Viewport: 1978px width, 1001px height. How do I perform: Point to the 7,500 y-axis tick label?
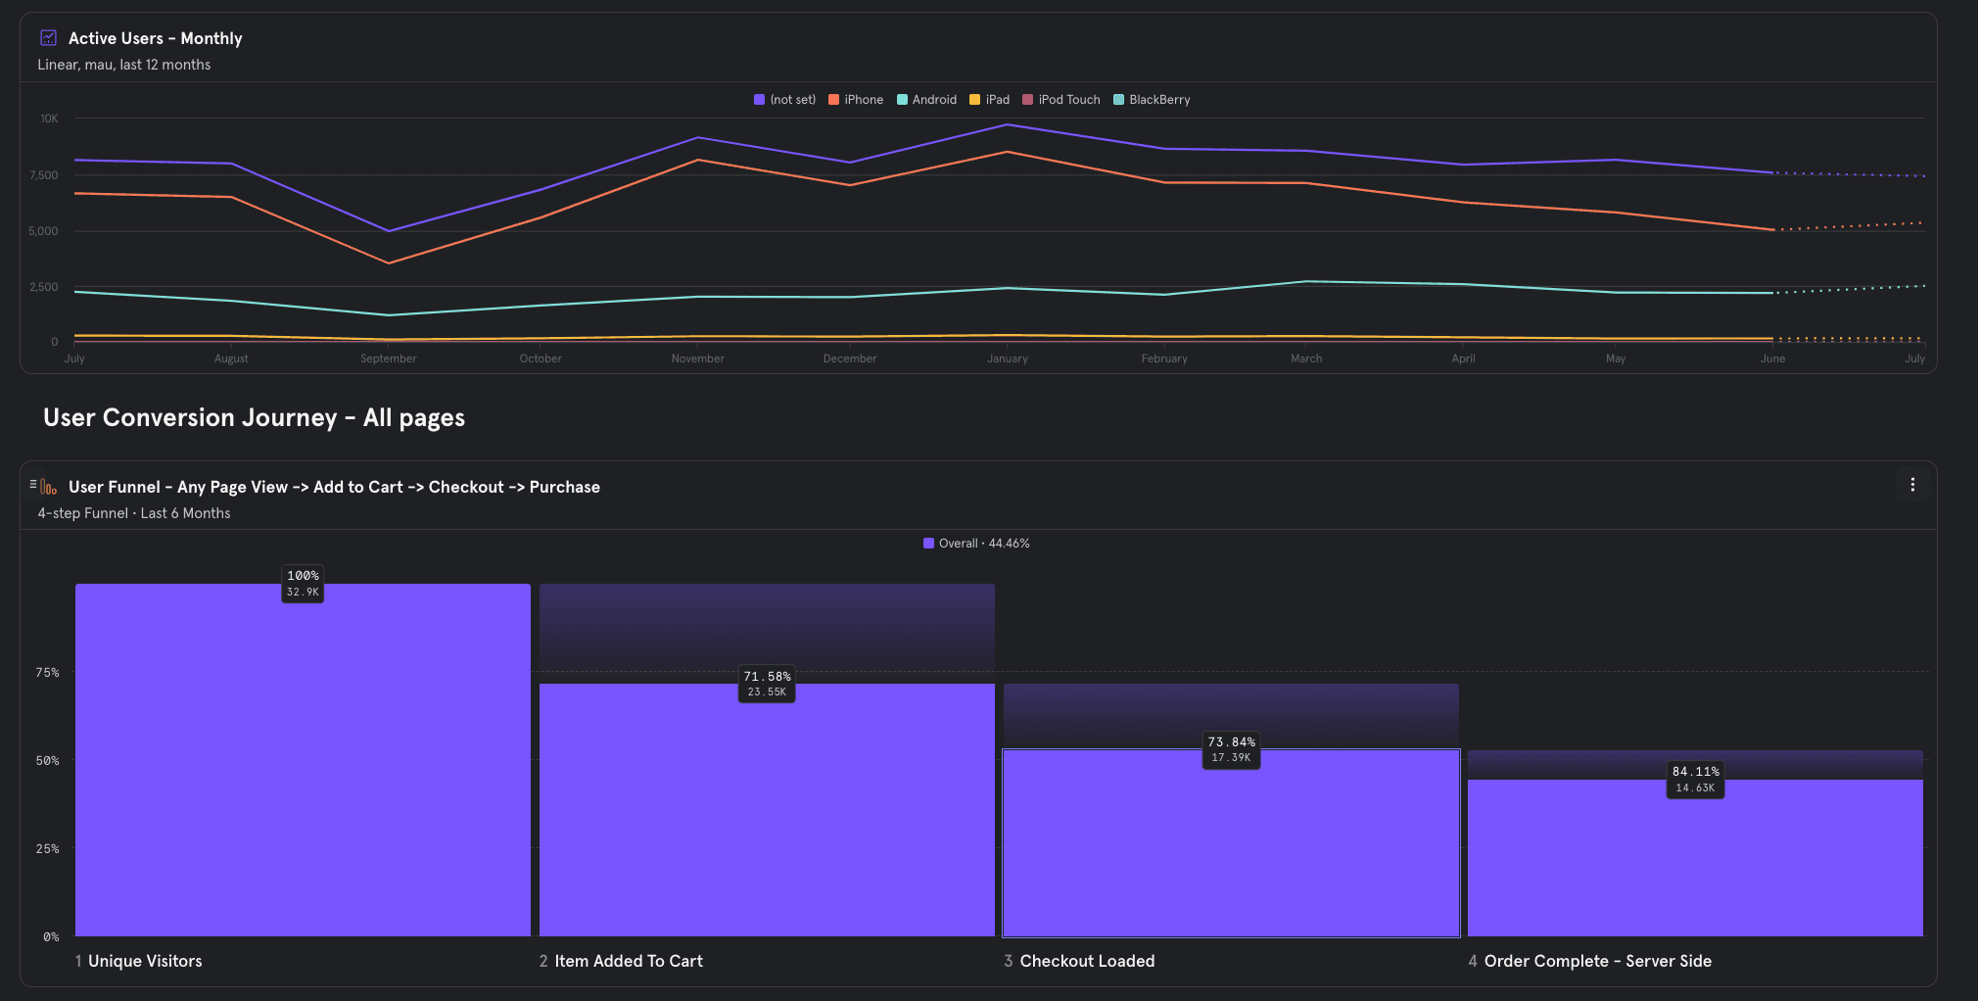pyautogui.click(x=44, y=175)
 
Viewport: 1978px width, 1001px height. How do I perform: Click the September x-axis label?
pyautogui.click(x=389, y=358)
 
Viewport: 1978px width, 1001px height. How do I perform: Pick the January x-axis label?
pyautogui.click(x=1008, y=358)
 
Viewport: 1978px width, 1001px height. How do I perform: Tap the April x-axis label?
pyautogui.click(x=1463, y=358)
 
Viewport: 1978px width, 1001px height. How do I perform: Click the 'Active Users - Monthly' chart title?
pyautogui.click(x=155, y=38)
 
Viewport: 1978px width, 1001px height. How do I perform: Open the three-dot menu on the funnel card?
pyautogui.click(x=1912, y=485)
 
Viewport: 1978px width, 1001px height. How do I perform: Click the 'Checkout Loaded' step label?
pyautogui.click(x=1087, y=961)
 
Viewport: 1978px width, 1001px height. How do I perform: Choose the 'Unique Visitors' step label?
pyautogui.click(x=145, y=961)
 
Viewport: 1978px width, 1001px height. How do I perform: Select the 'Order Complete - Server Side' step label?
pyautogui.click(x=1597, y=961)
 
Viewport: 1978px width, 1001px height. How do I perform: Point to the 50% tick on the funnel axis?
pyautogui.click(x=48, y=761)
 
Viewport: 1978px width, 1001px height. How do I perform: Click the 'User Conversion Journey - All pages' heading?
pyautogui.click(x=254, y=418)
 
